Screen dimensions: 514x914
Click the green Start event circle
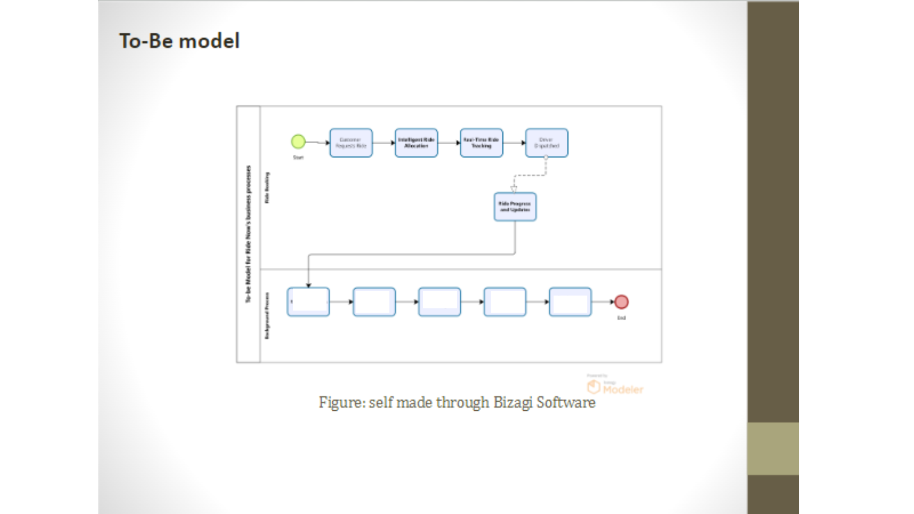coord(298,141)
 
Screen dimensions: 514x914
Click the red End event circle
coord(621,302)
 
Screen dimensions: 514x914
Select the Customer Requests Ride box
coord(351,143)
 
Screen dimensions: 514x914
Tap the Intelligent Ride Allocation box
coord(416,143)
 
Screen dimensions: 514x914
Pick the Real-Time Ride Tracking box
coord(481,143)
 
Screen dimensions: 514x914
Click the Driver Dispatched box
coord(546,143)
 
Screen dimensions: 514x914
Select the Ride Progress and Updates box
coord(515,207)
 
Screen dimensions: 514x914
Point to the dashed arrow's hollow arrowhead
coord(514,189)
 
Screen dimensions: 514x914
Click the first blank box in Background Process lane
coord(308,302)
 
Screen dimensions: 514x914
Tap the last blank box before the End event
coord(570,302)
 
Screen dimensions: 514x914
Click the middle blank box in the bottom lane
coord(439,302)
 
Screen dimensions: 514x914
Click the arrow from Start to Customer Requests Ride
coord(317,142)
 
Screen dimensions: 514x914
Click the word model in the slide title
coord(209,41)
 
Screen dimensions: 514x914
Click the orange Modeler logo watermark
coord(616,388)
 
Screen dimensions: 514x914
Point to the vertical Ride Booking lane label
coord(267,188)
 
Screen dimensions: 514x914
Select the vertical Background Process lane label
coord(267,316)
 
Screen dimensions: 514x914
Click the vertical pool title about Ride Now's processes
coord(248,234)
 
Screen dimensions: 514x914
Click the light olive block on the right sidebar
coord(773,448)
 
